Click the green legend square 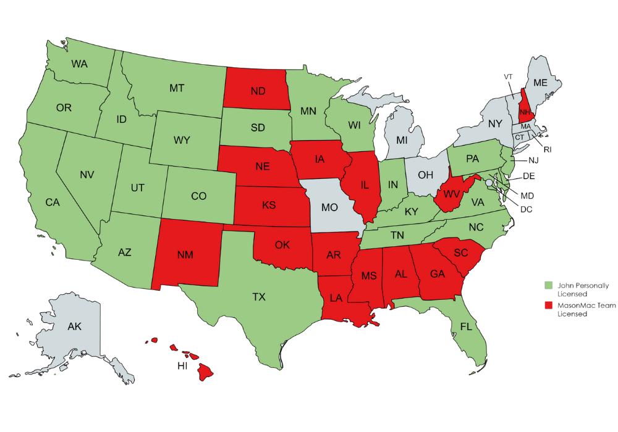pyautogui.click(x=548, y=286)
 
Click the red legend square pyautogui.click(x=548, y=305)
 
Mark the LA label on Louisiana pyautogui.click(x=336, y=297)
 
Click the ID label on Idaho pyautogui.click(x=121, y=117)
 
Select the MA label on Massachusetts pyautogui.click(x=525, y=127)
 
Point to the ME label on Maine pyautogui.click(x=540, y=83)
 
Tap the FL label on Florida pyautogui.click(x=465, y=327)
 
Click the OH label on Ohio pyautogui.click(x=426, y=175)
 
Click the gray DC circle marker pyautogui.click(x=489, y=183)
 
